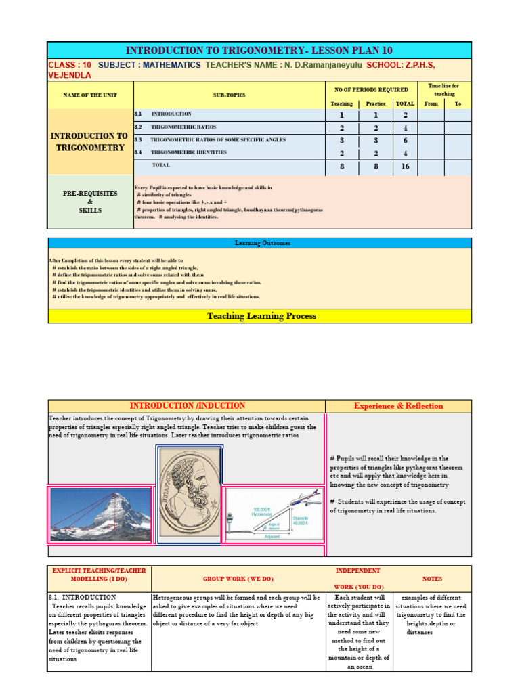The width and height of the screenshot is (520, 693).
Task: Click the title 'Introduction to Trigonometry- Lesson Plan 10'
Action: (259, 51)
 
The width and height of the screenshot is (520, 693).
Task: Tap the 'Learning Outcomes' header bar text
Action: (259, 243)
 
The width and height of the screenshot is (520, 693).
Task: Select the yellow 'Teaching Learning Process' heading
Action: (261, 316)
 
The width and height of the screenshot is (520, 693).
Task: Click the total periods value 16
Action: (405, 166)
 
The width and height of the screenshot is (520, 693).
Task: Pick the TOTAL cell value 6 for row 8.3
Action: (405, 140)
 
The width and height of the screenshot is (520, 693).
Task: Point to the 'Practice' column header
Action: (376, 104)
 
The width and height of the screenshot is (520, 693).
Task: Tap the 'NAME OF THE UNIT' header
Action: (90, 96)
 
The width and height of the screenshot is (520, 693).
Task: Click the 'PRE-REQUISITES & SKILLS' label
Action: (90, 202)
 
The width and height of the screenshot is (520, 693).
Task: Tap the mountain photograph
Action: (100, 514)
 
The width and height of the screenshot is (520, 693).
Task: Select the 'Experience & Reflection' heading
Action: (398, 406)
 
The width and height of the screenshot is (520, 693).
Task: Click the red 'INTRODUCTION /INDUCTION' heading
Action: (188, 406)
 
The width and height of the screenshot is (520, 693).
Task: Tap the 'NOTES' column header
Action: (431, 579)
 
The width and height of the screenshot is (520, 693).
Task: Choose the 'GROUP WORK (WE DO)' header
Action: (238, 579)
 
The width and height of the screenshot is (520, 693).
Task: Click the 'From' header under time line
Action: (431, 104)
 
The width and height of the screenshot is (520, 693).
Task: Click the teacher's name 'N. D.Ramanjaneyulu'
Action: (319, 65)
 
